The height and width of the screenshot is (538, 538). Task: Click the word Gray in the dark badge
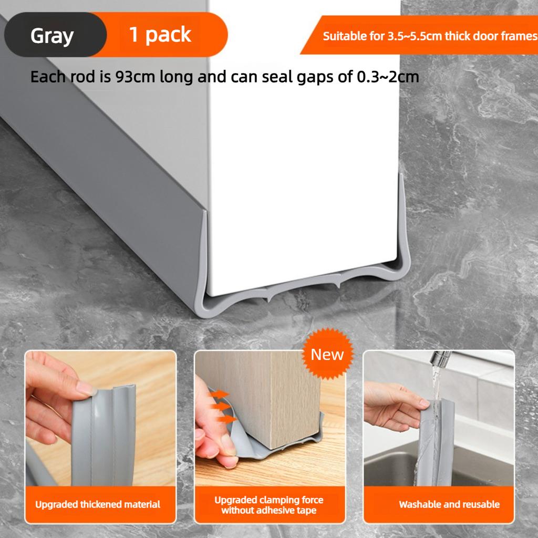(52, 36)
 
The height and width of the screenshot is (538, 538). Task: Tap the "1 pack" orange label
(160, 35)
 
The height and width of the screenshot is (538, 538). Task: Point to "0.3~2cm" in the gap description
(388, 77)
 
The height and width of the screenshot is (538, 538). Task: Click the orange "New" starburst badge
(327, 355)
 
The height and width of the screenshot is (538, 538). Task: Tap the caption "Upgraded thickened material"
(98, 504)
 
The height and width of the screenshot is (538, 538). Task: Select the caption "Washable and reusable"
(449, 504)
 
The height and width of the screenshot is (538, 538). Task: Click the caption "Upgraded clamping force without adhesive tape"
(268, 505)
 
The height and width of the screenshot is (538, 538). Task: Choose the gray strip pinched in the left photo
(105, 436)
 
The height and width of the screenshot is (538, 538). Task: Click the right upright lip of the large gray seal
(403, 221)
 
